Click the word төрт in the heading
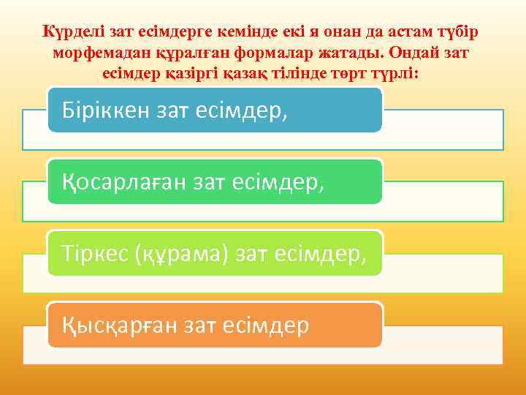354,74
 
